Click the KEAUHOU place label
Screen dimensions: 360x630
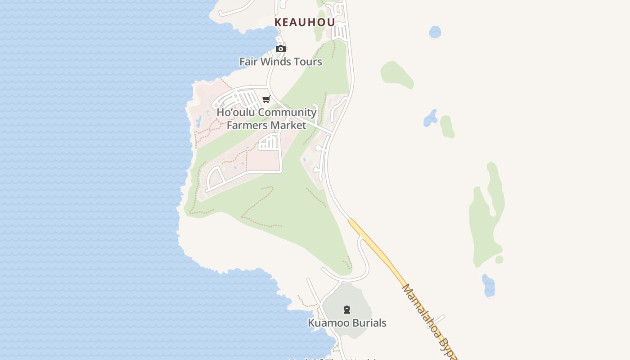[305, 22]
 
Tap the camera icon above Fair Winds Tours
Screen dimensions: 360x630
[280, 49]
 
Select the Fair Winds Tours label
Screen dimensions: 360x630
[280, 62]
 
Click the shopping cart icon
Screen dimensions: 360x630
[266, 99]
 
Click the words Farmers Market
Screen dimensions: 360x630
[266, 125]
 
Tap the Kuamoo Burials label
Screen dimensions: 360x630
[347, 323]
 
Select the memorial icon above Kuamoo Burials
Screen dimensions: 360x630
[347, 310]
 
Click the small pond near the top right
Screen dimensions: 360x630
[435, 32]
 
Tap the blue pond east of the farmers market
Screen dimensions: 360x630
[430, 118]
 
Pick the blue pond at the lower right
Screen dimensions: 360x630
[488, 286]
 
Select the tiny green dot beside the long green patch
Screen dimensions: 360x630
[499, 260]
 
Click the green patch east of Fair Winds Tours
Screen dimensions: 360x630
[396, 74]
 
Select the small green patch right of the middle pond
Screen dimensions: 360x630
[447, 126]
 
